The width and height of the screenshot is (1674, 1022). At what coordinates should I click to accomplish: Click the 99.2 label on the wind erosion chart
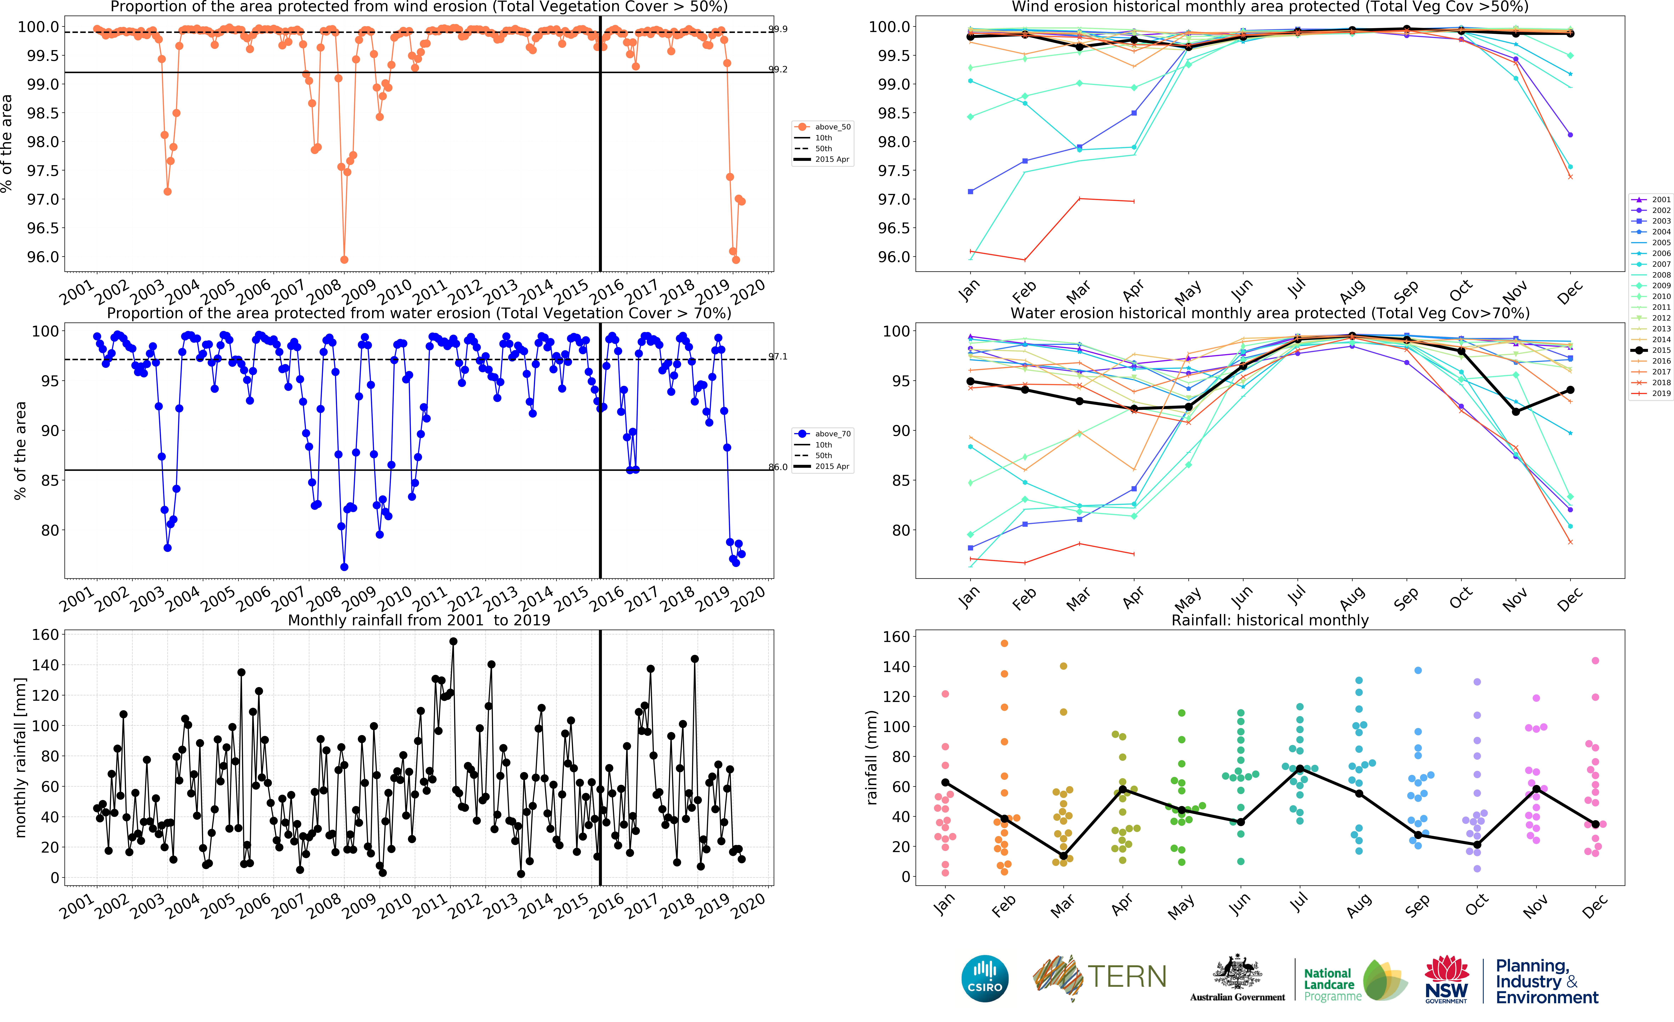tap(778, 69)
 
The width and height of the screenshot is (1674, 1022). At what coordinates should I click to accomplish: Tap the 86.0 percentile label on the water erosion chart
tap(778, 467)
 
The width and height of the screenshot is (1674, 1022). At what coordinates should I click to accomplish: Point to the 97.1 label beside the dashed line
tap(778, 356)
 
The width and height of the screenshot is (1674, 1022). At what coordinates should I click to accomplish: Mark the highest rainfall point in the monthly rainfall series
tap(453, 641)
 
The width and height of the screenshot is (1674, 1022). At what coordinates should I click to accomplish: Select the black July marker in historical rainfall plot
tap(1300, 769)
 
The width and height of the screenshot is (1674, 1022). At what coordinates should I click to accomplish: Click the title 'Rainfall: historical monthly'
tap(1270, 620)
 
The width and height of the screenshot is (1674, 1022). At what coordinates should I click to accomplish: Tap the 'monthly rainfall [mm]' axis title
tap(20, 757)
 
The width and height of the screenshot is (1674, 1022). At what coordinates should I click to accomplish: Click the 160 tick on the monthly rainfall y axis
tap(46, 635)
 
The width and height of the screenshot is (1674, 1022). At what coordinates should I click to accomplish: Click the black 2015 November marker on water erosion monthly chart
tap(1516, 412)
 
